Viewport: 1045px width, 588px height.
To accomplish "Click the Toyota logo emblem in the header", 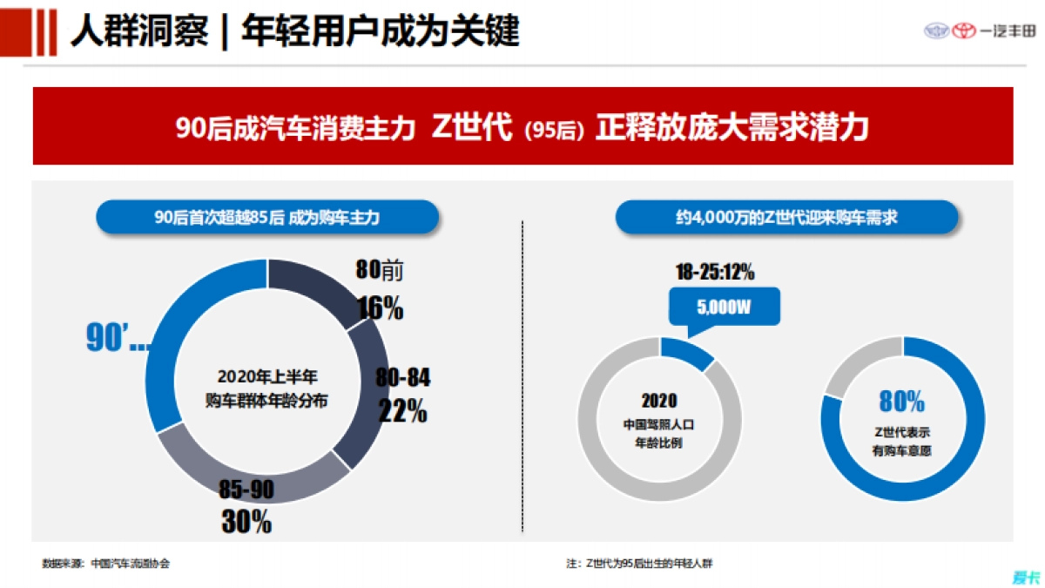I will coord(963,31).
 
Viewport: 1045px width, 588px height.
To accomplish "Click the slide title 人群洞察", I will coord(138,31).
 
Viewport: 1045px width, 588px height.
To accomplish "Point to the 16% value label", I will coord(381,308).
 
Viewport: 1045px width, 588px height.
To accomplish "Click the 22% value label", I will coord(403,410).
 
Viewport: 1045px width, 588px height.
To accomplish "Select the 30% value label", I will coord(246,521).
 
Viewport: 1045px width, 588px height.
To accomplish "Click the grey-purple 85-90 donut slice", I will coord(253,475).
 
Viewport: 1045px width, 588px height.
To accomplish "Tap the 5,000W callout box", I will coord(724,307).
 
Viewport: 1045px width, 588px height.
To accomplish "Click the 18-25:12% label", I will coord(715,273).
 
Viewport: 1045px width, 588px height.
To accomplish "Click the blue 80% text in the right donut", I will coord(901,402).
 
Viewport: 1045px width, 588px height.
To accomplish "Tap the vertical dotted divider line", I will coord(522,375).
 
